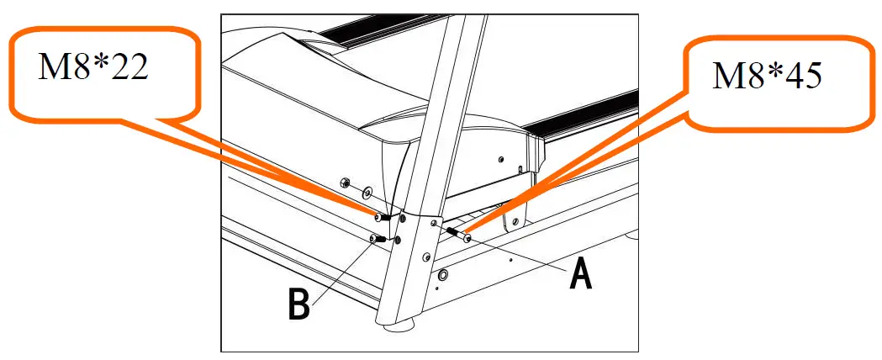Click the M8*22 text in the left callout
point(93,67)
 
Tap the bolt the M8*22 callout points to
point(381,217)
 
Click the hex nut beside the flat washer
point(345,181)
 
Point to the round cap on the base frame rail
point(443,275)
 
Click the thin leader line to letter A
point(521,251)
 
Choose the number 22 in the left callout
point(125,67)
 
